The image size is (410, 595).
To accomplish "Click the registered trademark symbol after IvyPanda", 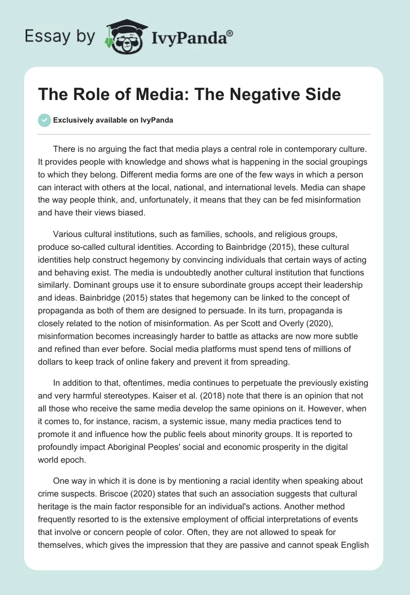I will (x=230, y=33).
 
